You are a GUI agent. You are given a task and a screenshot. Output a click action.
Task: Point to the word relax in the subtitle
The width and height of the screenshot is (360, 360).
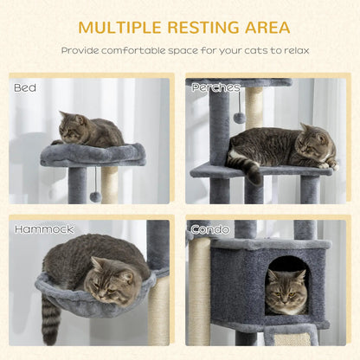[x=292, y=50]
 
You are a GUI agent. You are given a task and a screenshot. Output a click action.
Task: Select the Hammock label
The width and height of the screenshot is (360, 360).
[x=43, y=229]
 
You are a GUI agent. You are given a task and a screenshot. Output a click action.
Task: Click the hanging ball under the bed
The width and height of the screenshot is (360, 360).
[x=95, y=196]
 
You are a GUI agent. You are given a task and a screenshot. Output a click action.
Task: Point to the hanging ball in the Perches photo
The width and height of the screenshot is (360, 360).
[x=238, y=118]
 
